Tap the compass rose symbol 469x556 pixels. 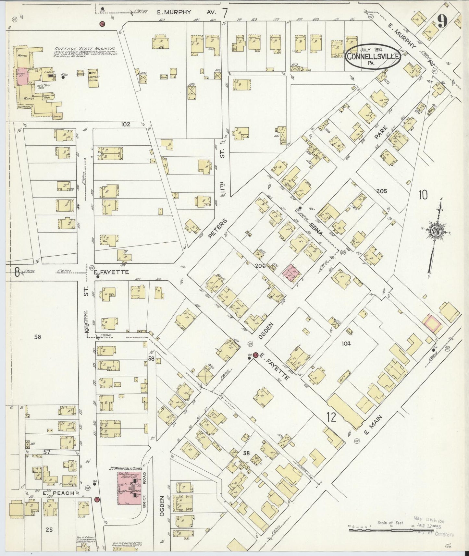[434, 231]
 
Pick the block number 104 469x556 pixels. [346, 344]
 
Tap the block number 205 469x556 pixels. [382, 191]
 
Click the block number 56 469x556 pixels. [38, 337]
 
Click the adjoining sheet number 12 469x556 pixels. [332, 417]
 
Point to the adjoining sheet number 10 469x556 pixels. [423, 195]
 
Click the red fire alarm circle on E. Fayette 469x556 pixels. [256, 354]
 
